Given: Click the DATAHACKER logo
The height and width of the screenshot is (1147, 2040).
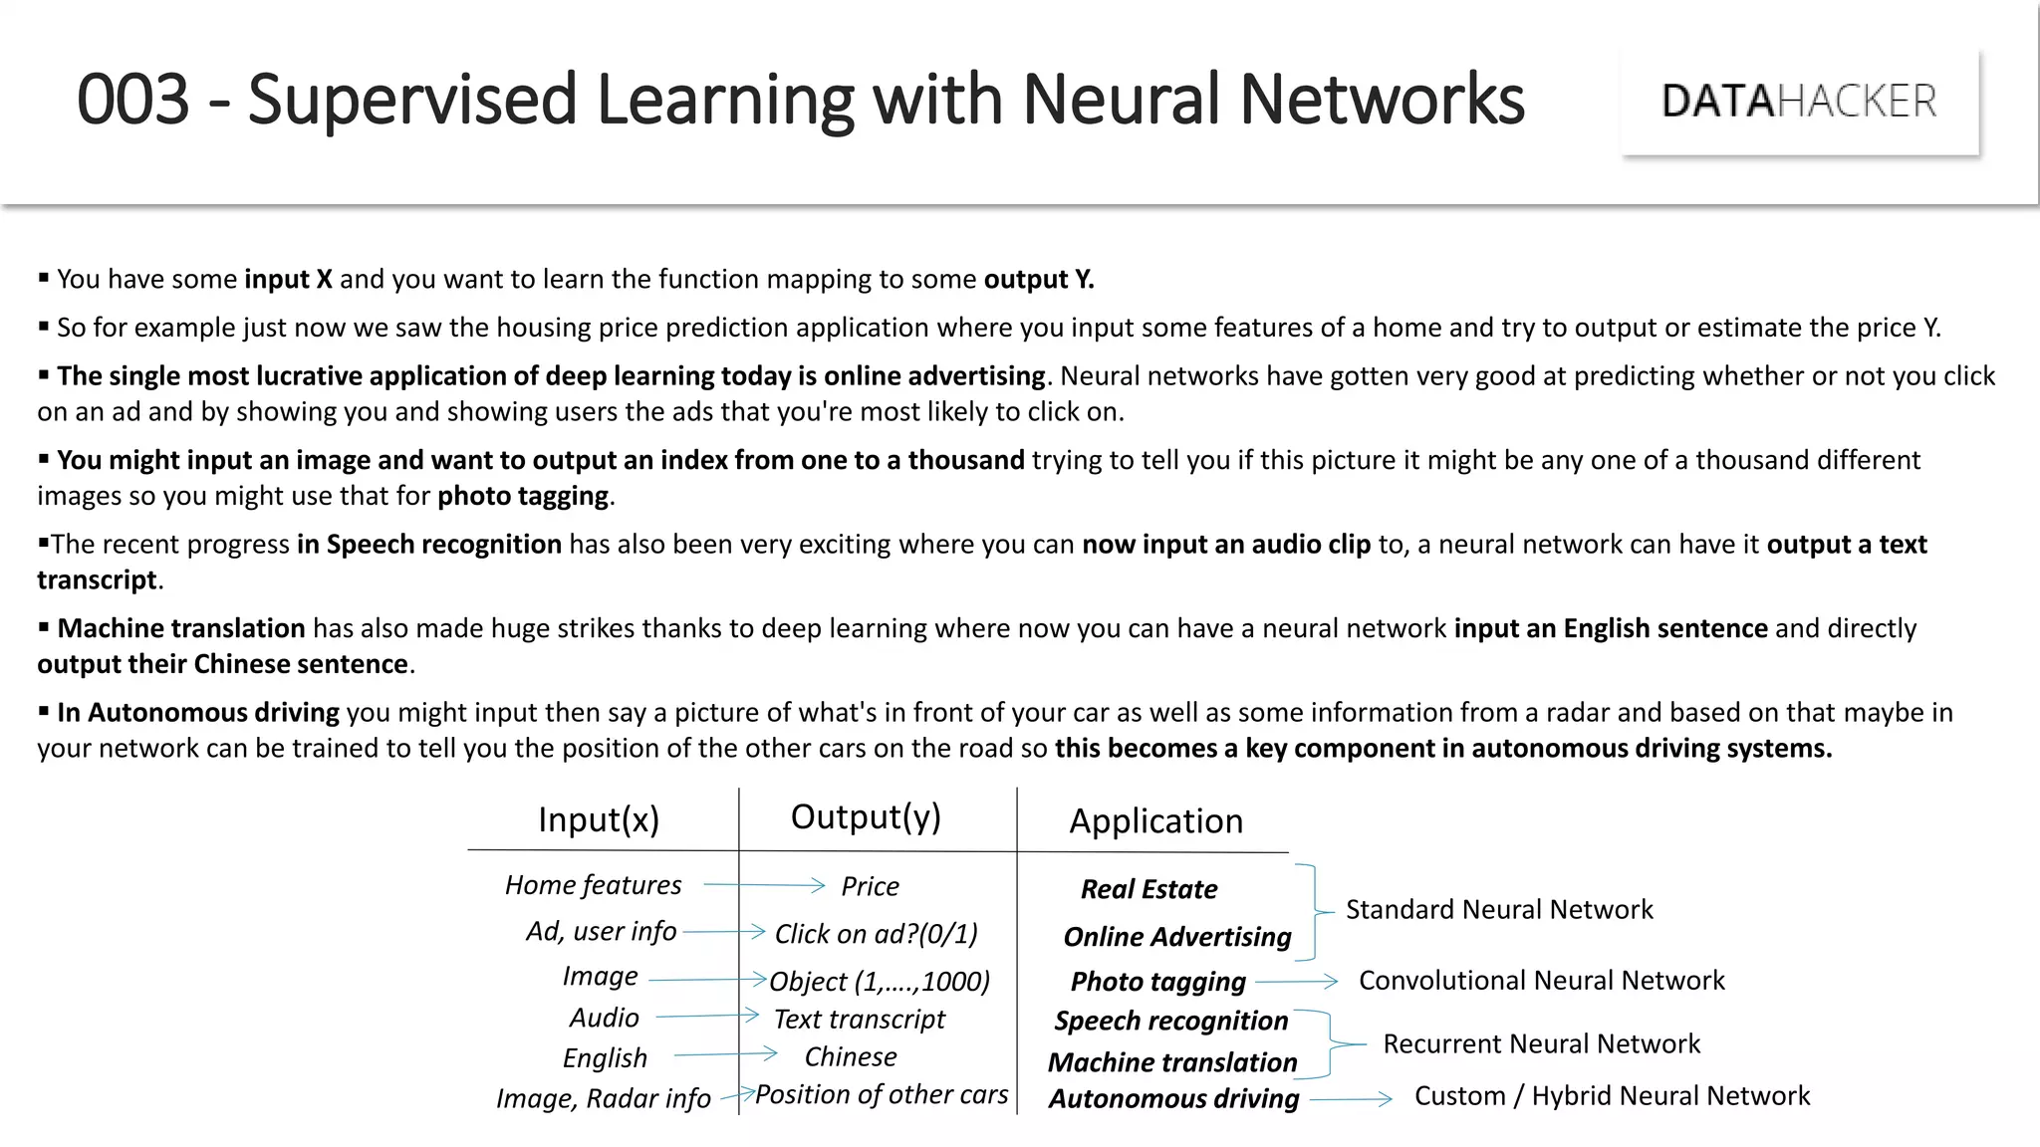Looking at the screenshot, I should [1799, 102].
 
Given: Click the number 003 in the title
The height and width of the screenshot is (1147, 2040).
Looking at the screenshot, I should [132, 100].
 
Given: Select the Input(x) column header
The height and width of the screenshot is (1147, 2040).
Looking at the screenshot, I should [599, 819].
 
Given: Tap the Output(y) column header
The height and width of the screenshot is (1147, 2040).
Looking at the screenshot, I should [866, 816].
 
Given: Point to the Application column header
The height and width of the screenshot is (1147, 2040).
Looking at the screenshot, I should [1155, 821].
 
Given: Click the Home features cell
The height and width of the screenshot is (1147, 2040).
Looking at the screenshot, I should [593, 885].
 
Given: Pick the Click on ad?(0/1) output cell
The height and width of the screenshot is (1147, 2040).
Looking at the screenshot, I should [876, 934].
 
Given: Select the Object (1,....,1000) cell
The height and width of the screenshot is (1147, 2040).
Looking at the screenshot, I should [880, 982].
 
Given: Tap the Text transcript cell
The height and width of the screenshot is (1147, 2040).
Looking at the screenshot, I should [859, 1020].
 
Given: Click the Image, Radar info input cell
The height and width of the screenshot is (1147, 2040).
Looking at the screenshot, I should [604, 1098].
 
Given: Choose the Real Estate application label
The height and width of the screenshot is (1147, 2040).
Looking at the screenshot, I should [1148, 889].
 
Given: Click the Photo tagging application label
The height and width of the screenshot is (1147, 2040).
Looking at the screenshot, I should [1157, 982].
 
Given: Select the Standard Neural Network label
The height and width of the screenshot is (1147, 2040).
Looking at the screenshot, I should [1498, 909].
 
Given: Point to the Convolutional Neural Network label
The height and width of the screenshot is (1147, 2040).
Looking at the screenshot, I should [1541, 981].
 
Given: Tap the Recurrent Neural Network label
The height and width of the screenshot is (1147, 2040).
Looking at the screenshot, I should [1541, 1043].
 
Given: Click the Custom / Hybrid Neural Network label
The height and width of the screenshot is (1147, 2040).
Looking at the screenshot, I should [1612, 1096].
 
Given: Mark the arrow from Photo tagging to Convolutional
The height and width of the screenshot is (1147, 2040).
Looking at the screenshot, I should [1296, 982].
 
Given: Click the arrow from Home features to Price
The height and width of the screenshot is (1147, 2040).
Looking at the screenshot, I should [764, 884].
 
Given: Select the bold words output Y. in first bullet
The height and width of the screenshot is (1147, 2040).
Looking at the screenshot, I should [1039, 280].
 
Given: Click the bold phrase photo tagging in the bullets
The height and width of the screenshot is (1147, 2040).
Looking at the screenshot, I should [523, 496].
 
